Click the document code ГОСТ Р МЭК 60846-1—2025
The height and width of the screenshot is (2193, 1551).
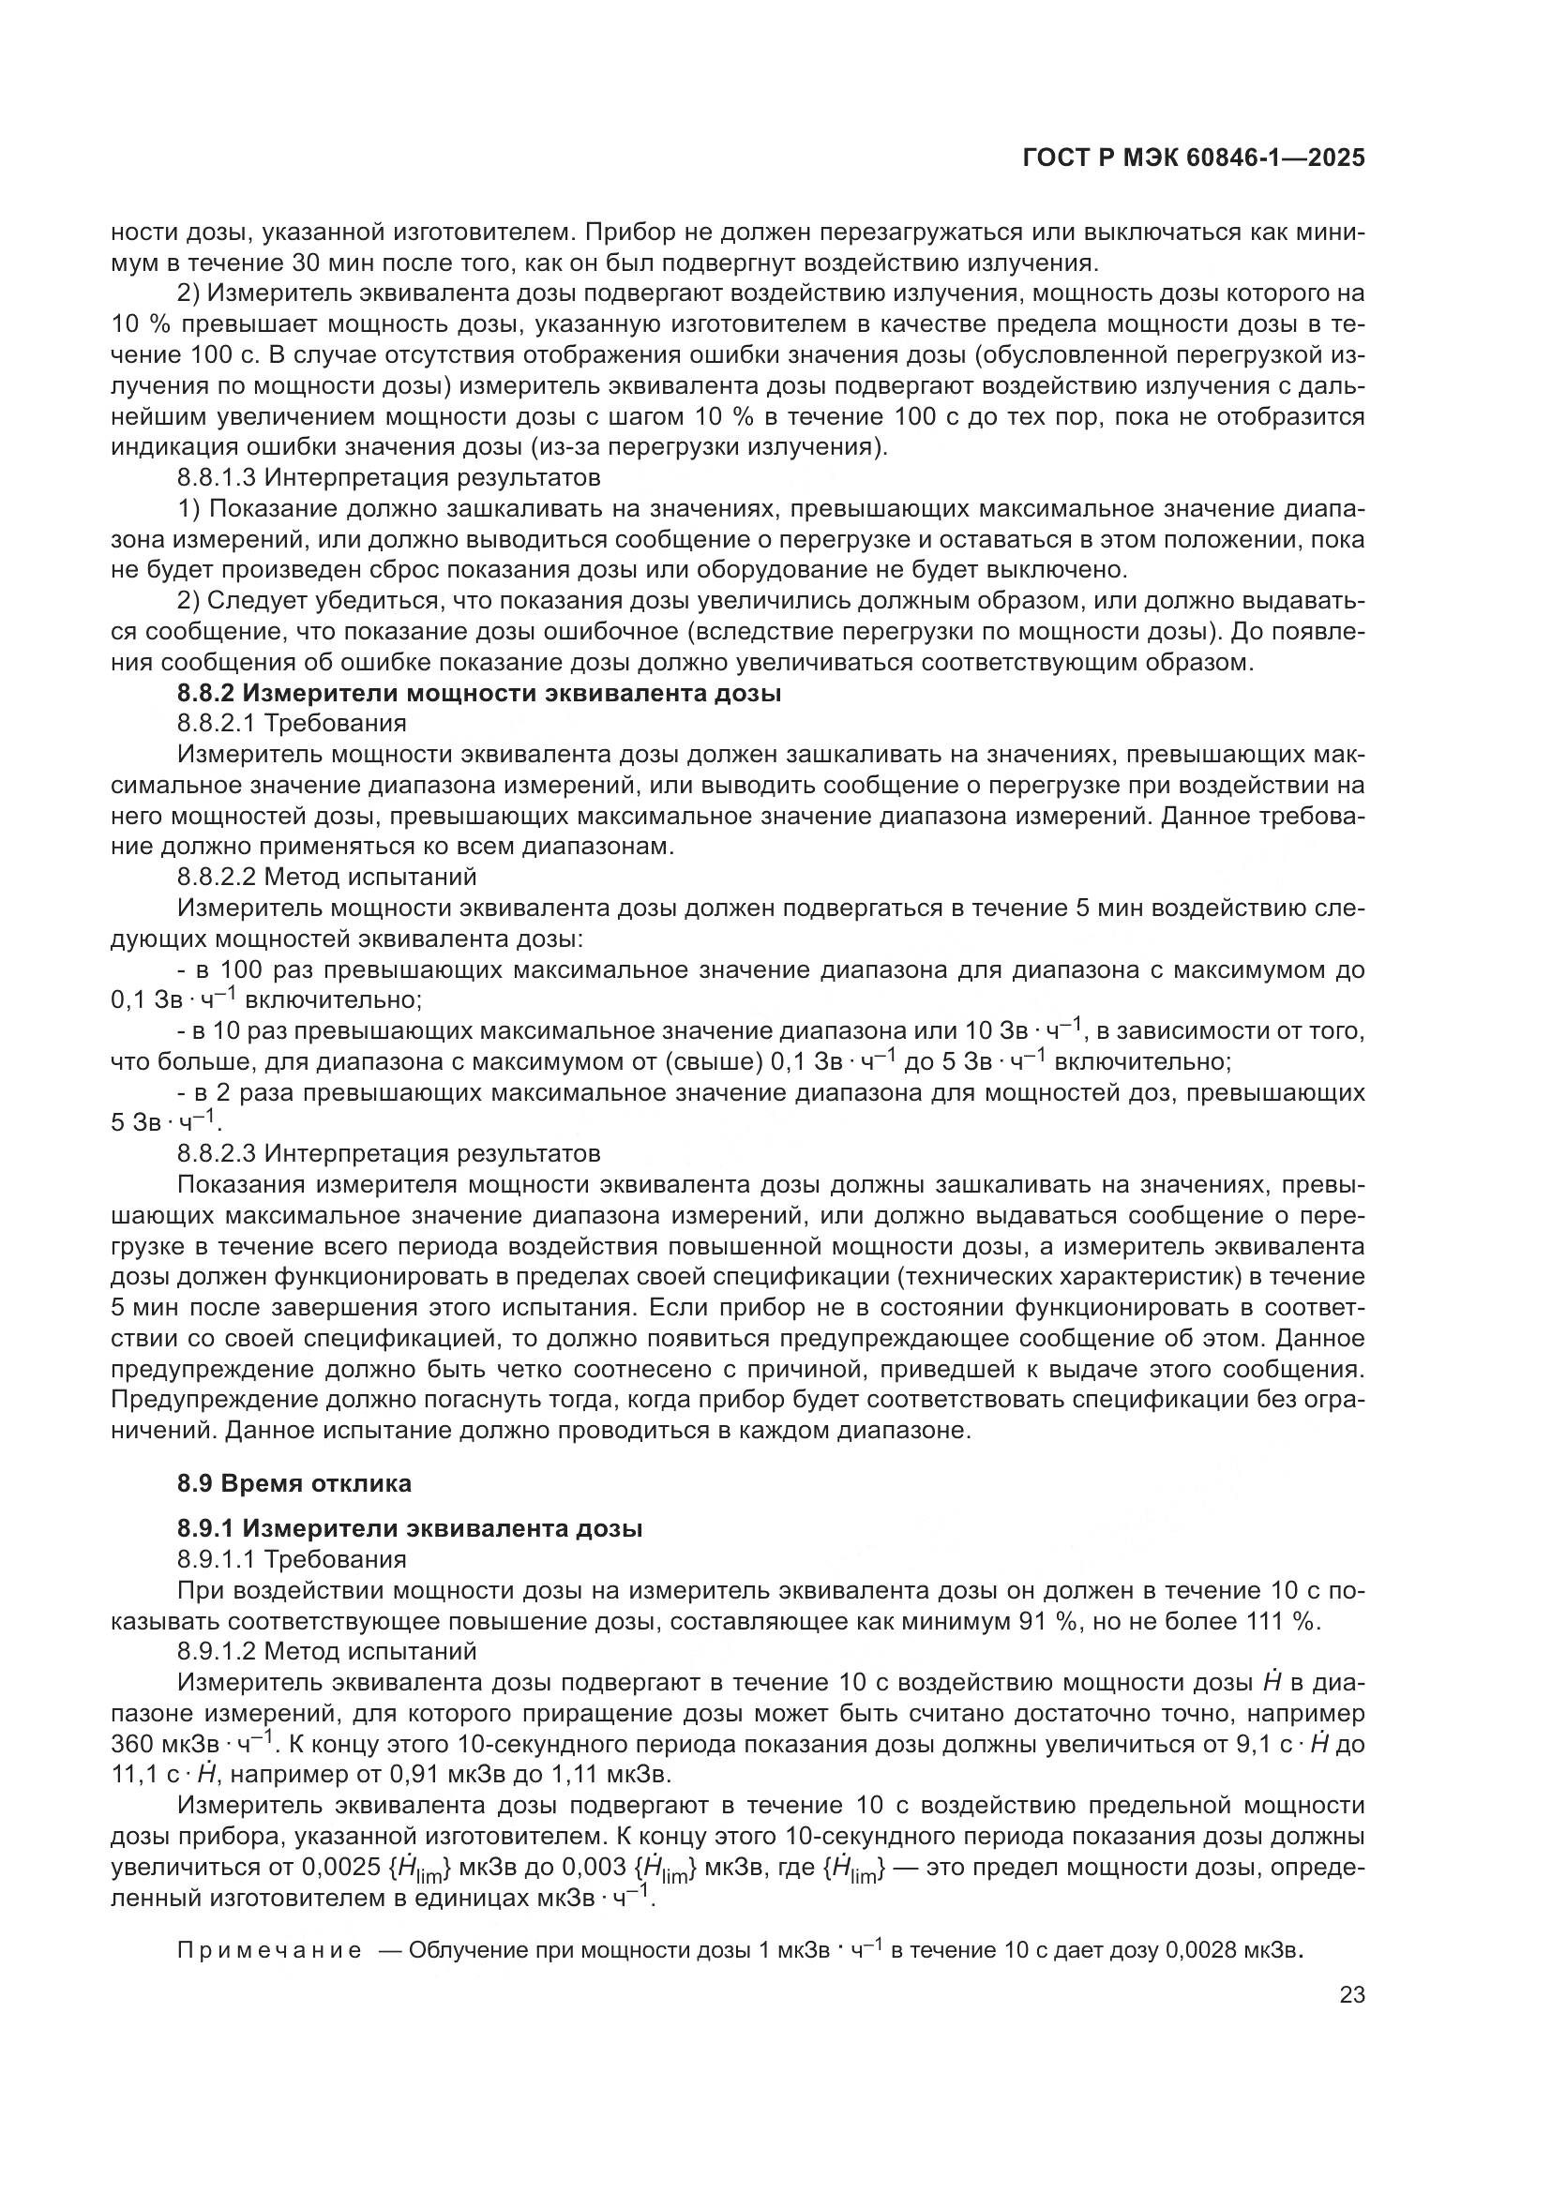click(1193, 158)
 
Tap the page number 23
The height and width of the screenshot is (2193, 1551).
click(1351, 1995)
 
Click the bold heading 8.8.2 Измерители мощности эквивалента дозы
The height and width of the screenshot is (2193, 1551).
click(478, 694)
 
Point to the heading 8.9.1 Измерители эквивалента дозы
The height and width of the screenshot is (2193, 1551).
click(409, 1528)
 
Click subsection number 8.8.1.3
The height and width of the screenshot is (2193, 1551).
click(217, 476)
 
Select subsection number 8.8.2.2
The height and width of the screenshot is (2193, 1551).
click(217, 876)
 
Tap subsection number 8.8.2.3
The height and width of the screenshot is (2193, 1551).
click(217, 1154)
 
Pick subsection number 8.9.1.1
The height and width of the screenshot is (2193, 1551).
click(217, 1560)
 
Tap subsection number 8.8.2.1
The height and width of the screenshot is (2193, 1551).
click(217, 723)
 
